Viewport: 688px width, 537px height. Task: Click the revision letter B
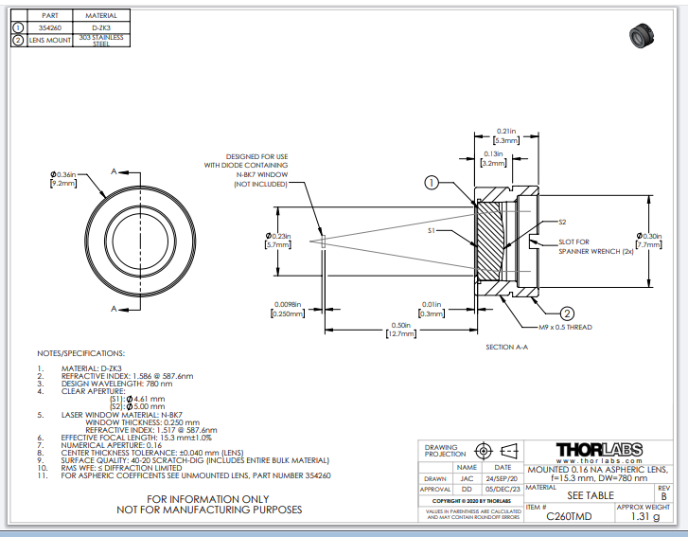pos(663,496)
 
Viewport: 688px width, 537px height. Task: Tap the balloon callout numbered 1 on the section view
pos(431,184)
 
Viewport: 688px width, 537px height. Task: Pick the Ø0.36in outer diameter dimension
pos(64,176)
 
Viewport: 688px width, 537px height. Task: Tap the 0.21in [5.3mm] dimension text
pos(506,134)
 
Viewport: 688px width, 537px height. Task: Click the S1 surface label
pos(432,230)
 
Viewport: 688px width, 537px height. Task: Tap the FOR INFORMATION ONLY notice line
pos(209,498)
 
